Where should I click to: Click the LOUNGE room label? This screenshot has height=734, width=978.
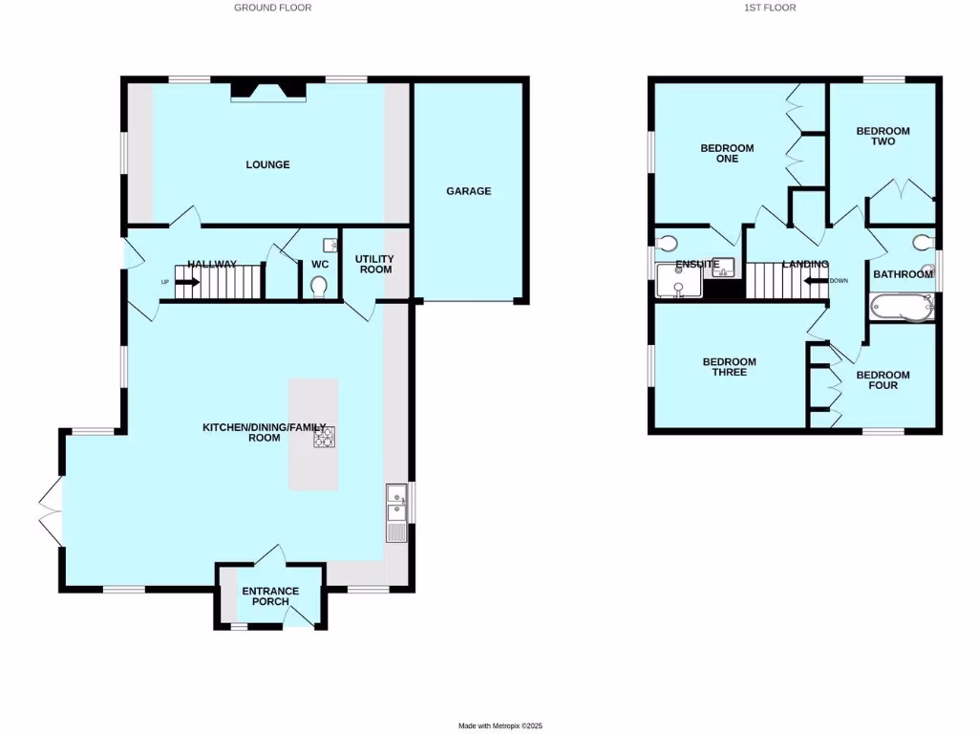267,164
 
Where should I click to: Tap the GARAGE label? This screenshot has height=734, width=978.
468,191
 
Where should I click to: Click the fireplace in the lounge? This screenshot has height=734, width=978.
268,91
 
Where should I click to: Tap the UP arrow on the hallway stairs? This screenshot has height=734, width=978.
186,282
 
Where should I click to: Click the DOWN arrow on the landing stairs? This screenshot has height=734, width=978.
815,281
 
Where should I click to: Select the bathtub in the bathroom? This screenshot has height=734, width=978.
900,307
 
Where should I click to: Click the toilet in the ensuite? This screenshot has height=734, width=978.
668,241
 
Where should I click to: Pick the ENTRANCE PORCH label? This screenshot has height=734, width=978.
270,596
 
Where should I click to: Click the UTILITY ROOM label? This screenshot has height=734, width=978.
374,264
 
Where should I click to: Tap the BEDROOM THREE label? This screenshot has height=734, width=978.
729,367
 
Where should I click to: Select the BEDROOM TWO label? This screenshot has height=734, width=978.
882,136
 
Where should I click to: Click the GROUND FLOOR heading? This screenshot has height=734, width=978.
272,8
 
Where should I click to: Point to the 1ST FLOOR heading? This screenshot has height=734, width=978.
770,8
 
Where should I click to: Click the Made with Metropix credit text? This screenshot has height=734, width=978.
500,726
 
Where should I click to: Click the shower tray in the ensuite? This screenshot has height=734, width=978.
678,283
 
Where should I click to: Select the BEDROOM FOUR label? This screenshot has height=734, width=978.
882,380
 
